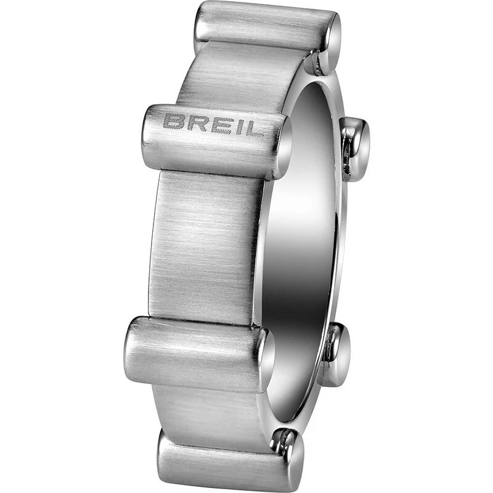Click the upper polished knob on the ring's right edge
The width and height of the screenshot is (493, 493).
(356, 148)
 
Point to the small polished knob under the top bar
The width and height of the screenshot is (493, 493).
(318, 62)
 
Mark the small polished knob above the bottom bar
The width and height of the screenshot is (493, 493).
(285, 441)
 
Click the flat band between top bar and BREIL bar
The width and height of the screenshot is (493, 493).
(246, 77)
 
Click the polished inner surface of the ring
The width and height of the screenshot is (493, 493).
(302, 246)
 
